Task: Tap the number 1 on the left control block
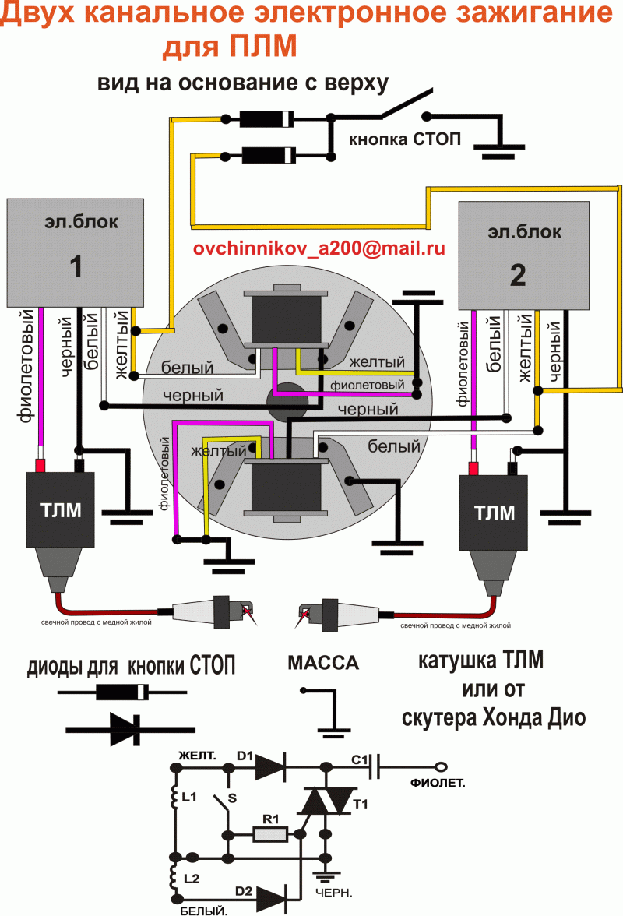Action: [76, 267]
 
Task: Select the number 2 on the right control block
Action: [517, 274]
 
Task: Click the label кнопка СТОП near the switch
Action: [404, 140]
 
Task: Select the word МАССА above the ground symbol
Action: [323, 664]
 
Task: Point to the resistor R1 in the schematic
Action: [270, 834]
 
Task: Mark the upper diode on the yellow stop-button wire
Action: [265, 119]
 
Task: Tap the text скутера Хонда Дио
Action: [493, 717]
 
